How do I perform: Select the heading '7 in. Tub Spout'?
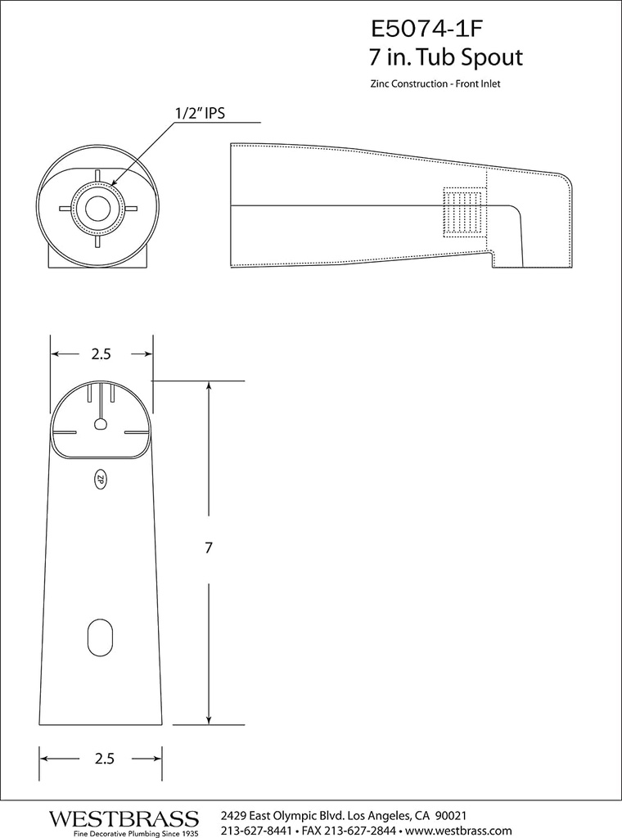[x=446, y=58]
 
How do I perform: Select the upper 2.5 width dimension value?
[x=101, y=354]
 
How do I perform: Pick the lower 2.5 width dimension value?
[x=103, y=759]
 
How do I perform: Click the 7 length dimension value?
[x=209, y=549]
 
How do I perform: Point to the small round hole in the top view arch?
[x=100, y=424]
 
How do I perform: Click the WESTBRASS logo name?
[x=124, y=818]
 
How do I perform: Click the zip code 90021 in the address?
[x=450, y=816]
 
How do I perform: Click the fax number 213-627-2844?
[x=354, y=831]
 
